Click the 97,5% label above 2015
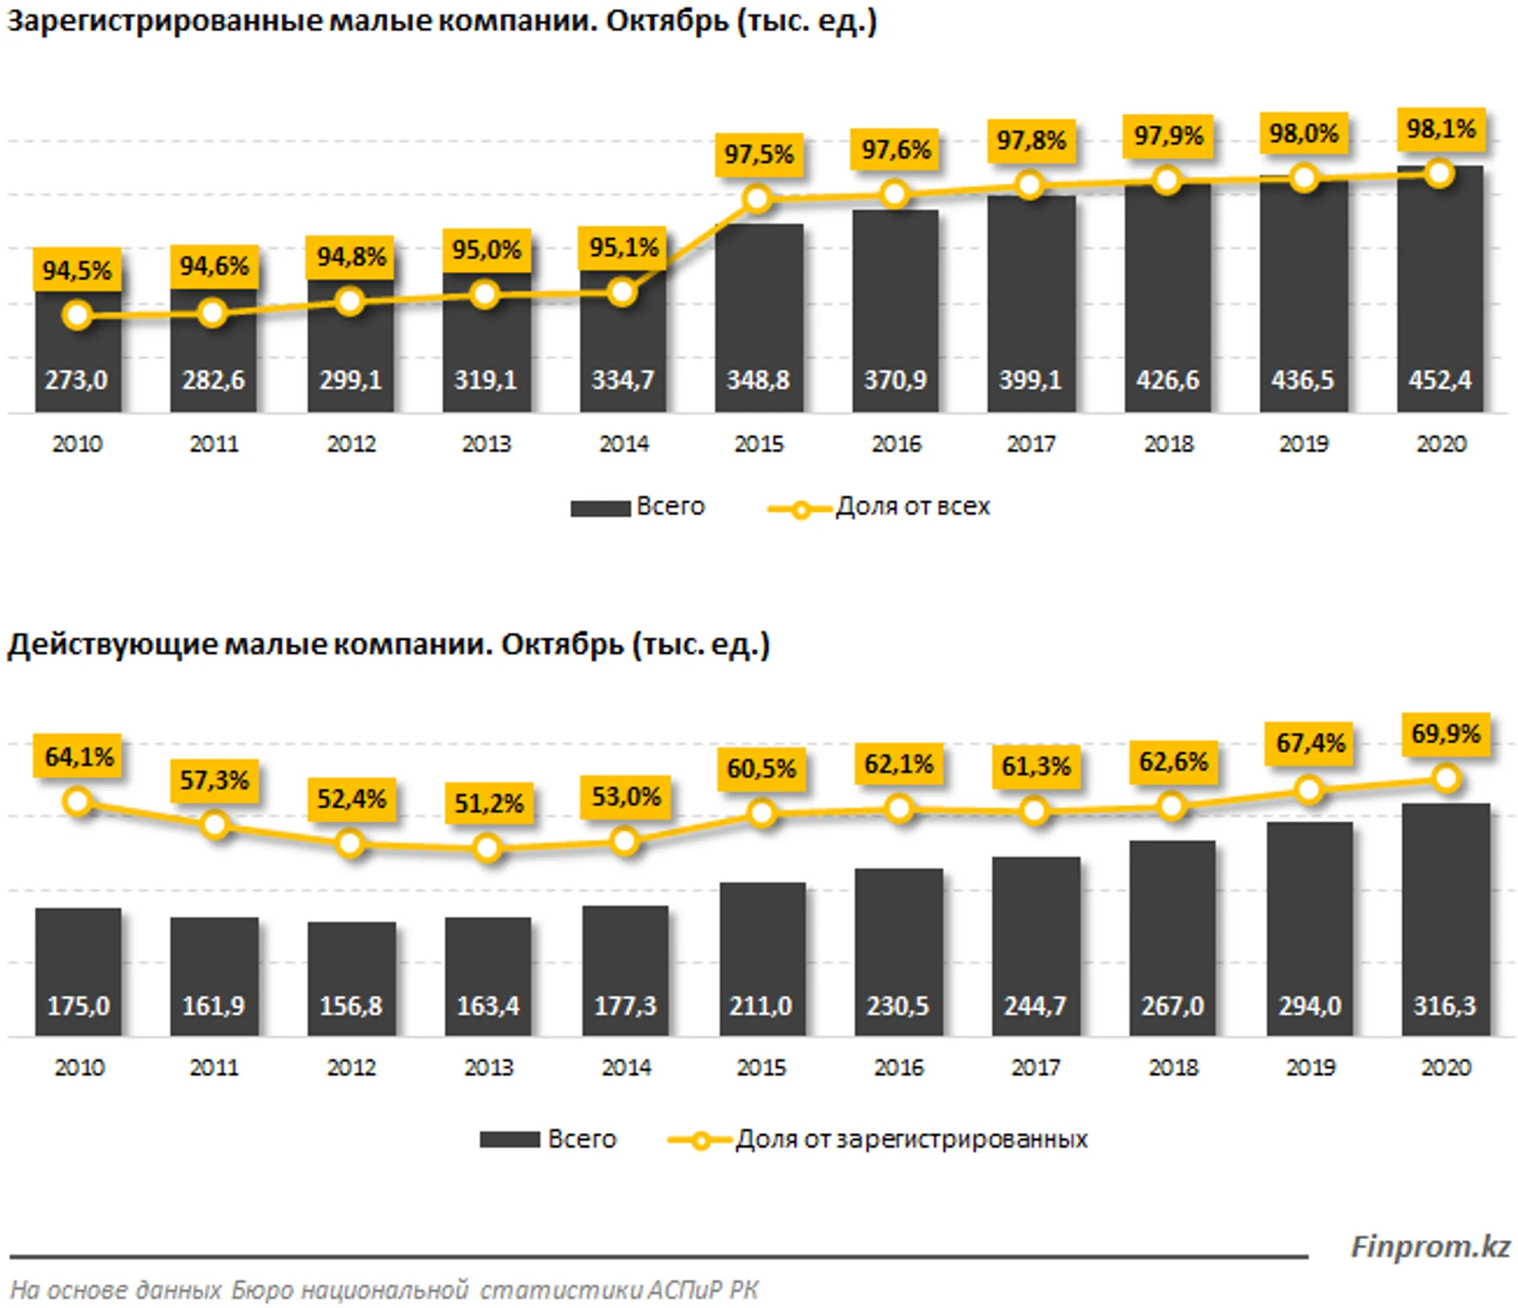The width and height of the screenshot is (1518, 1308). pos(759,155)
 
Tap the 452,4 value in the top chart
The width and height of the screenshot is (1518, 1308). pos(1439,380)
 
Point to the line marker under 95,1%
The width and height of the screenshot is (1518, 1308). pos(622,293)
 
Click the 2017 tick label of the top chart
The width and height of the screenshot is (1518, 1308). pos(1031,444)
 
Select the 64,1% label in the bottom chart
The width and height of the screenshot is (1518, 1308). pos(79,757)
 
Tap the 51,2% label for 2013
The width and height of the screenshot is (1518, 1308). pos(488,804)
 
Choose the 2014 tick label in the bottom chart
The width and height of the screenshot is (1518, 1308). pos(625,1068)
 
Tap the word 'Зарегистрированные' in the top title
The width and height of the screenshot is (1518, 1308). pos(164,20)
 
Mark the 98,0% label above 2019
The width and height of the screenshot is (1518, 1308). pos(1304,134)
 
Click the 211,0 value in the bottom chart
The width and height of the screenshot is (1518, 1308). pos(760,1006)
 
